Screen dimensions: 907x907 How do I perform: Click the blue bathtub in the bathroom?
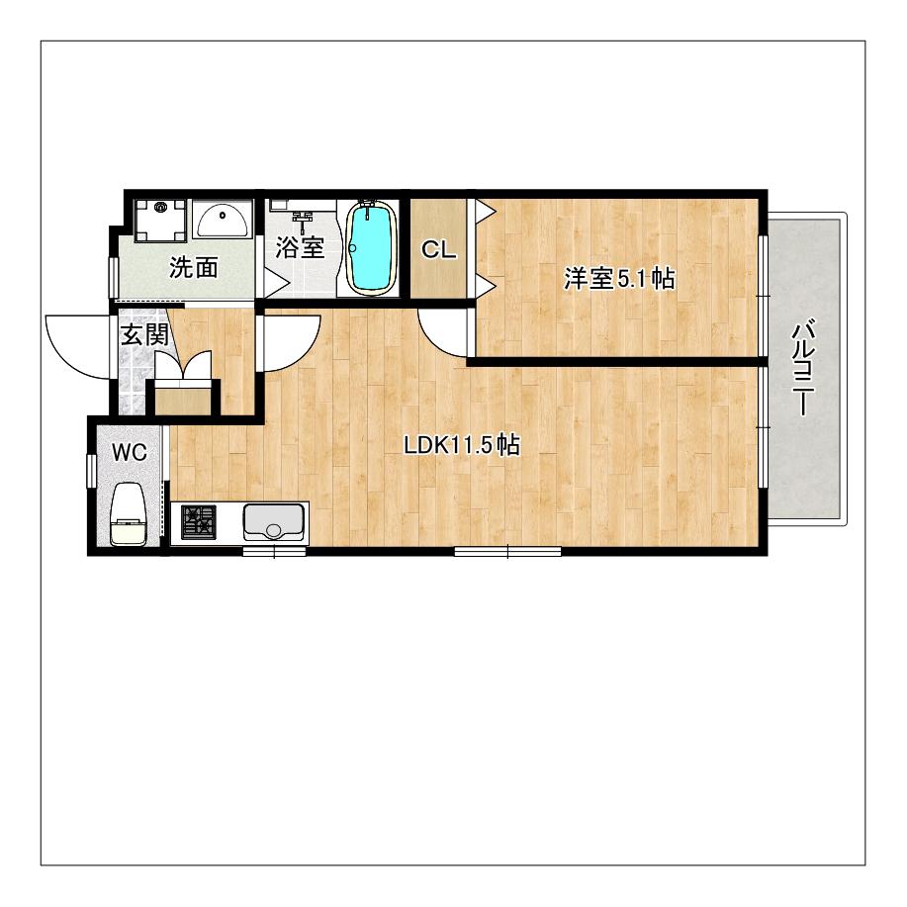click(371, 247)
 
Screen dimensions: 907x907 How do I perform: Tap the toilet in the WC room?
click(128, 513)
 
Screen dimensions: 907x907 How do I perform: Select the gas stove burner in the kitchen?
click(199, 522)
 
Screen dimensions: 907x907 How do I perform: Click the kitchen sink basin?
click(274, 521)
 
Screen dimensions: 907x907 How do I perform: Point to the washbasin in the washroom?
click(223, 219)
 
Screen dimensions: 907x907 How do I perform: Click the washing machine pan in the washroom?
click(160, 220)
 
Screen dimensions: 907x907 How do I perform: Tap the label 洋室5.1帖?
click(619, 279)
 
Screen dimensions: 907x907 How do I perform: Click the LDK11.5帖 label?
click(462, 445)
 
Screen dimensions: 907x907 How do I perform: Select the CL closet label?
click(438, 250)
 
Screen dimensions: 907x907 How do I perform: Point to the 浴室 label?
click(300, 247)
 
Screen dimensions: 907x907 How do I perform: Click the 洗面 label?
click(193, 268)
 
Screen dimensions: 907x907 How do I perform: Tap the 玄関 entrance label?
click(144, 334)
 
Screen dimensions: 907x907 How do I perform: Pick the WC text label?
click(130, 453)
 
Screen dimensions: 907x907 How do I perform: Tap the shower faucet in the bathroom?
click(303, 220)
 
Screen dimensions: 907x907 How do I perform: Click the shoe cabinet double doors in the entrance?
click(184, 365)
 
